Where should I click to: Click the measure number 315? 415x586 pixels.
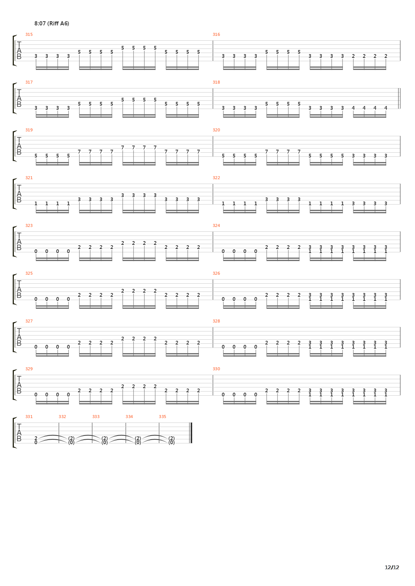click(29, 34)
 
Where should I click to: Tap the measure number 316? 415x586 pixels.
click(216, 34)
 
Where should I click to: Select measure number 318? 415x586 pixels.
click(216, 82)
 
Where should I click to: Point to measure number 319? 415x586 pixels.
click(29, 130)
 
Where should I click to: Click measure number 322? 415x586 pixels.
click(216, 178)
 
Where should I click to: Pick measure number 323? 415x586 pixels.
click(29, 225)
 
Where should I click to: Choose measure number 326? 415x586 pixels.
click(216, 273)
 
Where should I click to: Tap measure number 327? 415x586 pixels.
click(29, 321)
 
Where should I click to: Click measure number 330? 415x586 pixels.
click(216, 369)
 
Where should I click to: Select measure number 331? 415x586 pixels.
click(29, 417)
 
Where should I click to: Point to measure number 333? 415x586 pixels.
click(96, 417)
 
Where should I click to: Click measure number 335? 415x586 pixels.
click(162, 417)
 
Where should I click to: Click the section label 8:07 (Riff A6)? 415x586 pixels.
click(52, 24)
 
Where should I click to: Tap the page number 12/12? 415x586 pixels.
click(392, 567)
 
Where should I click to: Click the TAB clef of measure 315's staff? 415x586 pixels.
click(19, 51)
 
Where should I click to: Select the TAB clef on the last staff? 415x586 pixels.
click(19, 433)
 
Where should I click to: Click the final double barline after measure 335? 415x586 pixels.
click(191, 433)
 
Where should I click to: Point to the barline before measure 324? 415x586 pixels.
click(213, 242)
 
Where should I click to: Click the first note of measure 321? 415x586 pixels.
click(36, 203)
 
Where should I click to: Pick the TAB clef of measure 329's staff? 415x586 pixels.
click(19, 385)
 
